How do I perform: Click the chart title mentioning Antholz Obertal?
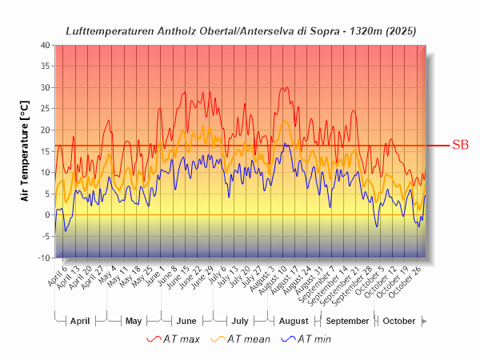coord(240,30)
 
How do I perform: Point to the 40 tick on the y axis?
coord(45,45)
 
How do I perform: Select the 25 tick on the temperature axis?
coord(45,109)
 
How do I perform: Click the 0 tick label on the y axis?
coord(48,215)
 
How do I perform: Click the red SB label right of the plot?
coord(460,145)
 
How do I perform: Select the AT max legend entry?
coord(174,339)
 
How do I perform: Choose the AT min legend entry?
coord(306,339)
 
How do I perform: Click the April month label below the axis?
coord(80,321)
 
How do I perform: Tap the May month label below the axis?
coord(134,321)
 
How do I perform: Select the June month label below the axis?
coord(186,321)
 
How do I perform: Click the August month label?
coord(294,321)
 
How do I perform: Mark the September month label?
coord(347,321)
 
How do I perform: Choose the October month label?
coord(399,321)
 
